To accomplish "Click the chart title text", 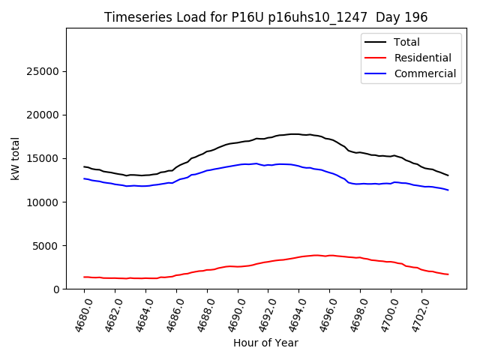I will pyautogui.click(x=266, y=16).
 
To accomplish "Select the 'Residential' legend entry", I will pyautogui.click(x=422, y=58).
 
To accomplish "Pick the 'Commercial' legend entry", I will pyautogui.click(x=424, y=73).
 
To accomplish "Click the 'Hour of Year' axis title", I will pyautogui.click(x=265, y=343).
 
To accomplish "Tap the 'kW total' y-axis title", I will pyautogui.click(x=16, y=159).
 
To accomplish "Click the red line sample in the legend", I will pyautogui.click(x=376, y=58).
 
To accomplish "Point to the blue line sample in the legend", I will pyautogui.click(x=376, y=73).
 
